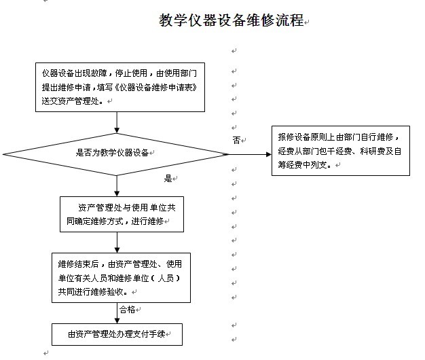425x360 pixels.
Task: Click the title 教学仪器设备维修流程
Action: pyautogui.click(x=232, y=20)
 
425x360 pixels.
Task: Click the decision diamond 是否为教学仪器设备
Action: pyautogui.click(x=115, y=154)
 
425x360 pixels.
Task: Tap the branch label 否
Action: pyautogui.click(x=236, y=140)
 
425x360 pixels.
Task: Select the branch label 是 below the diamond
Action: pyautogui.click(x=168, y=178)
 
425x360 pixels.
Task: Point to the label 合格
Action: pyautogui.click(x=127, y=309)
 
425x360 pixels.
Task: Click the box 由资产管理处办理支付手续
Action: pyautogui.click(x=117, y=334)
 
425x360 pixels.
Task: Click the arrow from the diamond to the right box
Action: pyautogui.click(x=250, y=154)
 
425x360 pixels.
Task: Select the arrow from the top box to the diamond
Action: pyautogui.click(x=117, y=122)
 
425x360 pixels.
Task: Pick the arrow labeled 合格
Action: pyautogui.click(x=117, y=313)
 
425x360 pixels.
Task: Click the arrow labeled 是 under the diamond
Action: pyautogui.click(x=117, y=186)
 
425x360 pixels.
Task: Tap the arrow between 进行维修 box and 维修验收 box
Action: pyautogui.click(x=117, y=242)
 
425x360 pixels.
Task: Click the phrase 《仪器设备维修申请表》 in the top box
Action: pyautogui.click(x=155, y=88)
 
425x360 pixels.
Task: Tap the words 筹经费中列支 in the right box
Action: pyautogui.click(x=302, y=165)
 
